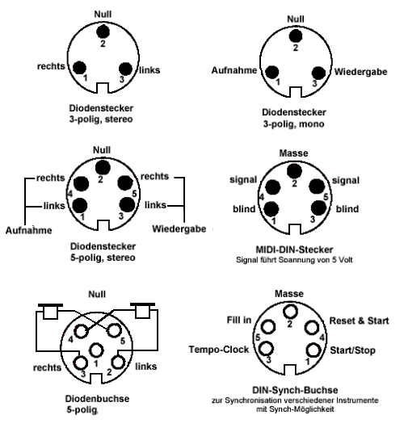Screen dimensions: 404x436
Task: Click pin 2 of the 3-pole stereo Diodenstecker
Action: [103, 31]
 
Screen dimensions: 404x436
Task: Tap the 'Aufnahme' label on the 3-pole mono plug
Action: [234, 70]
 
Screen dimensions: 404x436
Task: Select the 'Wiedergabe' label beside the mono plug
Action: [360, 72]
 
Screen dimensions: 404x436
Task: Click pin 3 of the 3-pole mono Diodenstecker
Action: [318, 73]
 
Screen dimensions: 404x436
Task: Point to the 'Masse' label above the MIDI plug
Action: [293, 153]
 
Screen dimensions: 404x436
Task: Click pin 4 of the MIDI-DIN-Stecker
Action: [272, 187]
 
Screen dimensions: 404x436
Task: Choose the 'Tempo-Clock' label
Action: [219, 350]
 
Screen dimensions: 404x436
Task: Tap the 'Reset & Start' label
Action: [359, 321]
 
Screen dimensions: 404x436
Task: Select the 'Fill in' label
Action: [239, 320]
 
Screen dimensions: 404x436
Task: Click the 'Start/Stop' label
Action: [352, 350]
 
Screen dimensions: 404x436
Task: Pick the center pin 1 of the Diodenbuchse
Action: [96, 350]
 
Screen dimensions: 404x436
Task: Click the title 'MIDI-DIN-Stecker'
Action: [294, 249]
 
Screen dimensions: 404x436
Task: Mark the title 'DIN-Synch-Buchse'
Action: [295, 390]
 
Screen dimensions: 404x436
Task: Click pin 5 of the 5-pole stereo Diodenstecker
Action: [125, 183]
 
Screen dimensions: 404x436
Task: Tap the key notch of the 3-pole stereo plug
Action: [102, 88]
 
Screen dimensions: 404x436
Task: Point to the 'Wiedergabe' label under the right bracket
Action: [179, 228]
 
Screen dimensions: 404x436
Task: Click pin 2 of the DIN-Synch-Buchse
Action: [290, 312]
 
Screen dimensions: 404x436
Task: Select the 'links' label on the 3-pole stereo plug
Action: [149, 70]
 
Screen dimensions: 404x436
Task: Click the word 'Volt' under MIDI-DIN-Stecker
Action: [346, 260]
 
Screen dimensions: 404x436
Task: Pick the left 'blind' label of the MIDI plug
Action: [244, 209]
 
